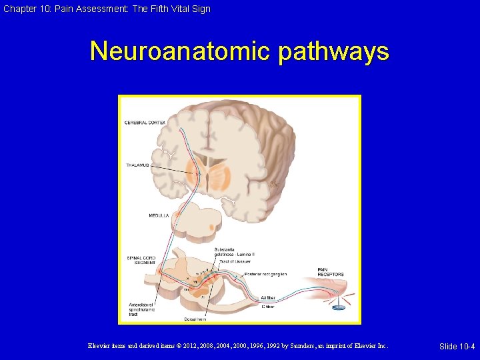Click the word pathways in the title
(x=333, y=52)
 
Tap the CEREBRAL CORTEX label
(x=145, y=123)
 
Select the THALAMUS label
(x=137, y=165)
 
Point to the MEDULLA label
(x=159, y=215)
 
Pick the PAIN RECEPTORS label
(x=331, y=272)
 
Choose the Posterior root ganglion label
(x=265, y=274)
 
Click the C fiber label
(x=267, y=307)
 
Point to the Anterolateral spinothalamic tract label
(x=143, y=310)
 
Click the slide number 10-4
(x=457, y=346)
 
